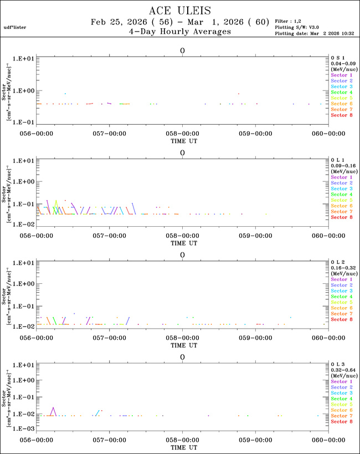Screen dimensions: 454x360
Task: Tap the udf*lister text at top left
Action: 14,27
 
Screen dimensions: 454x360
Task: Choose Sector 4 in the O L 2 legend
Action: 342,297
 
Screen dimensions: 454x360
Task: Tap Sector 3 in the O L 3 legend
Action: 342,393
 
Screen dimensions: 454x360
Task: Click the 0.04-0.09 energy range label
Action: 342,63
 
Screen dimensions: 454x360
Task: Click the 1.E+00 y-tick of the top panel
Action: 24,90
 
